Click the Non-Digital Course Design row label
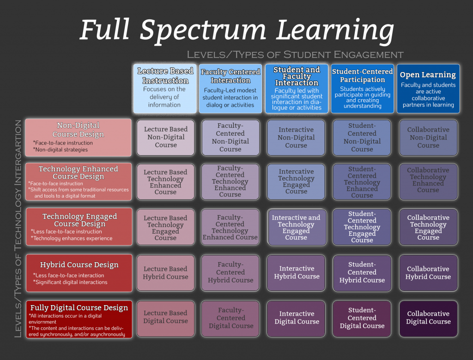[x=78, y=137]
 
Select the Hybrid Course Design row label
[x=78, y=273]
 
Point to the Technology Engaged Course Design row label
[x=79, y=226]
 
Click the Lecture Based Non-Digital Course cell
[x=165, y=137]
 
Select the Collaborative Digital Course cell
[x=428, y=318]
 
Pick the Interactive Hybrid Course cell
[x=297, y=272]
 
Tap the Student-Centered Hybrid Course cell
[x=362, y=272]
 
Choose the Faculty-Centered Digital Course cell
[x=231, y=318]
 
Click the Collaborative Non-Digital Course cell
[x=428, y=137]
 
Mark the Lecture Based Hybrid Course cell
[x=165, y=272]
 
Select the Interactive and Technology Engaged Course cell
[x=296, y=227]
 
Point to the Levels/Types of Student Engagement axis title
[x=295, y=54]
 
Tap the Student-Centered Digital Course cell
[x=362, y=318]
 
